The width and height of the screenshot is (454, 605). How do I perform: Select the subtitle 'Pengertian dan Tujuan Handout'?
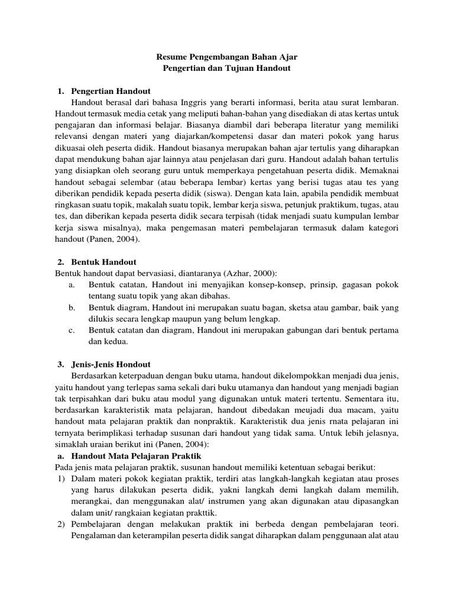click(226, 69)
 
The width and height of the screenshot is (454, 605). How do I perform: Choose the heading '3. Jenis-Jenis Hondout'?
click(104, 364)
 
